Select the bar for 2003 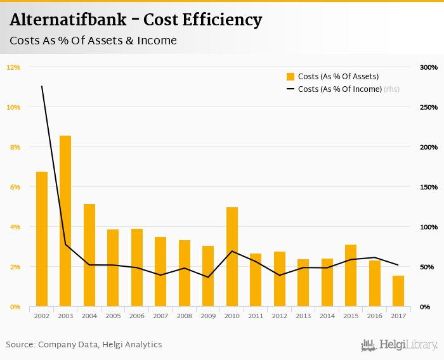[x=65, y=221]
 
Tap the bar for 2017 [x=398, y=291]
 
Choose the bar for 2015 [x=351, y=275]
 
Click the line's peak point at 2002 [x=42, y=86]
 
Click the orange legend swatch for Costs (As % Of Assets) [x=291, y=77]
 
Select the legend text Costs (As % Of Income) [x=339, y=89]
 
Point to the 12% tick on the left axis [x=13, y=67]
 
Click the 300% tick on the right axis [x=429, y=67]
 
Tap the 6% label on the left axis [x=13, y=187]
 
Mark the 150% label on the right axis [x=429, y=187]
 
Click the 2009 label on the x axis [x=208, y=316]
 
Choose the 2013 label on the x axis [x=303, y=316]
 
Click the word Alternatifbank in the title [x=68, y=20]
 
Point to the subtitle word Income [x=157, y=41]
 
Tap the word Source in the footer [x=20, y=345]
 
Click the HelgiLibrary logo [x=400, y=345]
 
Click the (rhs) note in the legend [x=392, y=89]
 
